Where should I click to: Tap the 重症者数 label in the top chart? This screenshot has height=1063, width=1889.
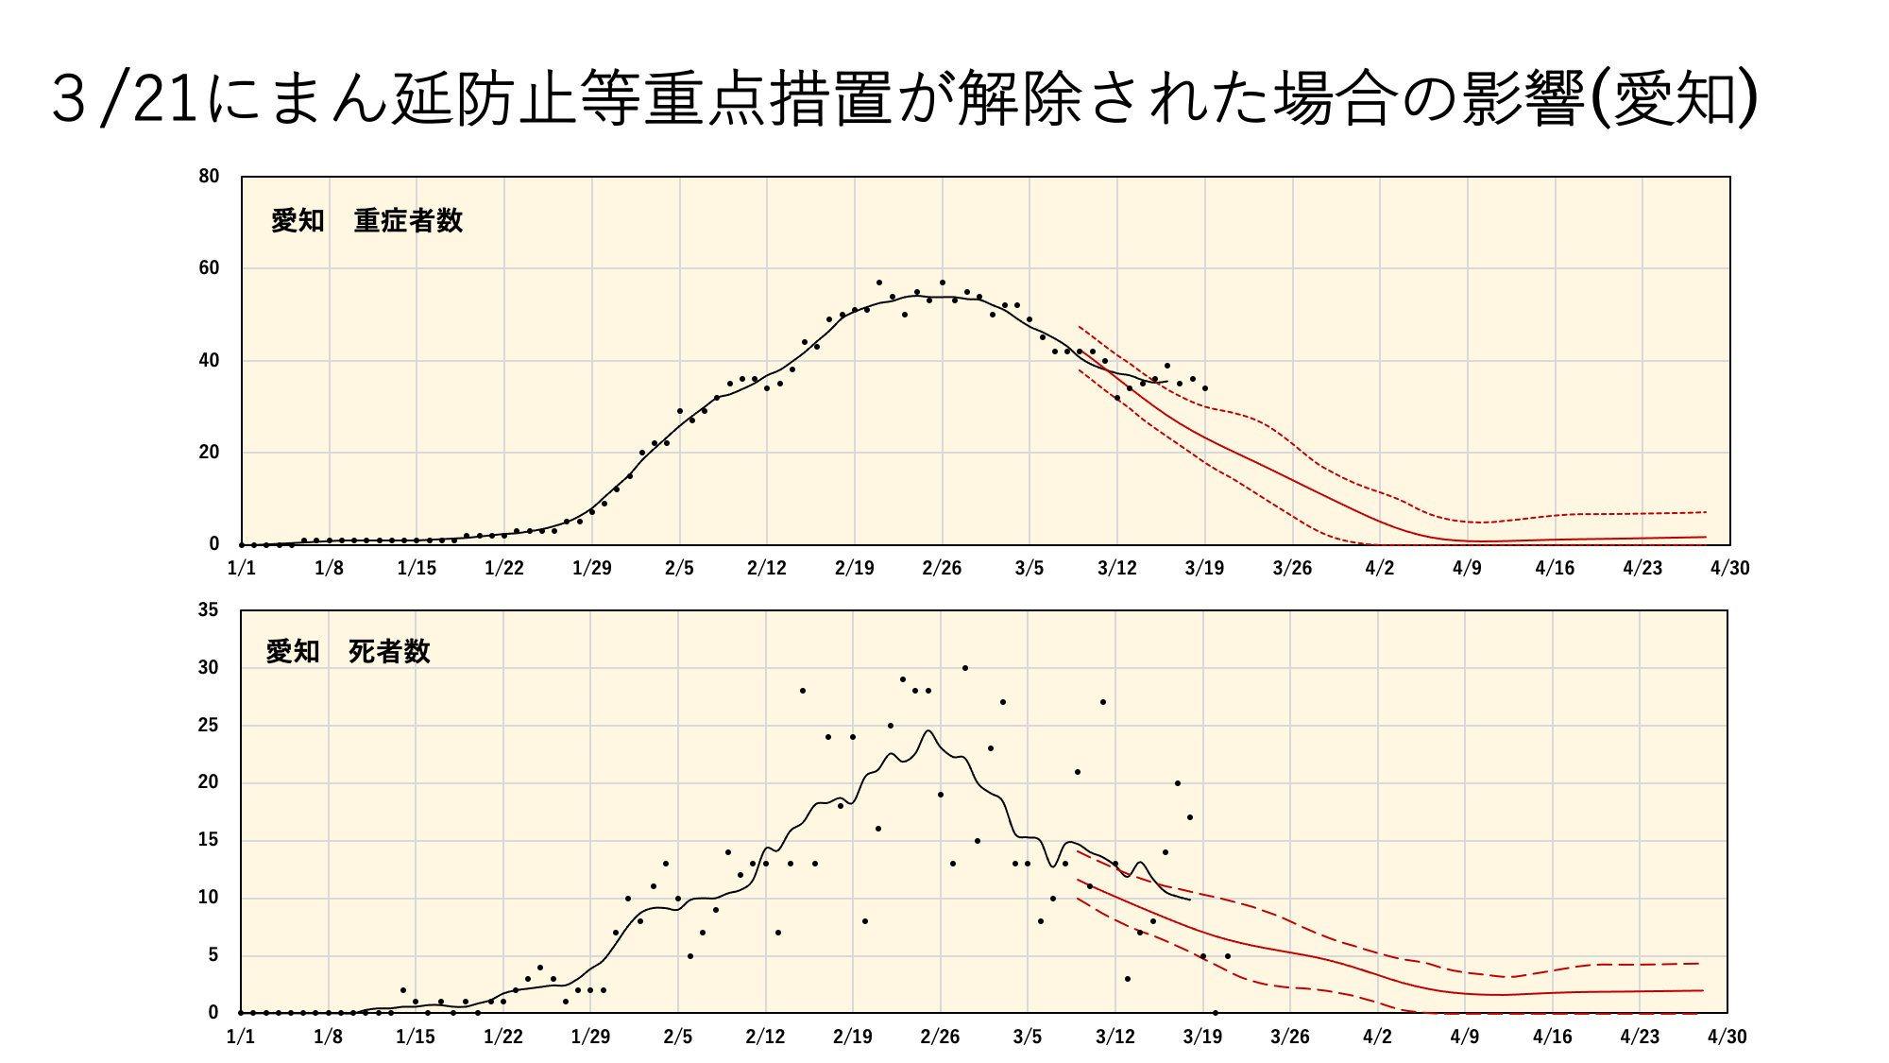click(408, 221)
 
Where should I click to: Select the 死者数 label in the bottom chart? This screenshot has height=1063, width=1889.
click(389, 652)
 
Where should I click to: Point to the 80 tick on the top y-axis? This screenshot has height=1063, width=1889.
click(209, 176)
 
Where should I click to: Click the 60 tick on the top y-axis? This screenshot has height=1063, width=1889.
click(209, 268)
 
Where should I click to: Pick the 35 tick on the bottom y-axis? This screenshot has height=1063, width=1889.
click(208, 610)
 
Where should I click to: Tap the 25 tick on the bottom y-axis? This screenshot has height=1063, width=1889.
click(208, 726)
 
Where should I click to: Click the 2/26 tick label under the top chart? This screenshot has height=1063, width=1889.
click(942, 568)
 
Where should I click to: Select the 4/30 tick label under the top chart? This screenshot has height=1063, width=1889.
click(1729, 568)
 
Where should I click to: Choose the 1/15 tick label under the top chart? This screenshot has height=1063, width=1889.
click(417, 568)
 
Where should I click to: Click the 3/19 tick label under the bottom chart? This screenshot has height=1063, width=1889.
click(1202, 1037)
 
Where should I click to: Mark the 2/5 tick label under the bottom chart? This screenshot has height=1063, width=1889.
click(678, 1037)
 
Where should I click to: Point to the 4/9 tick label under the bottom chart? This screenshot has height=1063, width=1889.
click(1465, 1037)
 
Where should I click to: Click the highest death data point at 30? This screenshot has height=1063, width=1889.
click(964, 668)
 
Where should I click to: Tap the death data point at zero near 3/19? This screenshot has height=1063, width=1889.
click(1216, 1013)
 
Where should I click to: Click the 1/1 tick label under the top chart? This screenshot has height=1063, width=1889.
click(242, 568)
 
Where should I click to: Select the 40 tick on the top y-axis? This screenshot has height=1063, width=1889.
click(209, 360)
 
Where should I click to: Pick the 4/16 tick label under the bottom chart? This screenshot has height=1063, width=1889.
click(1553, 1037)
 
